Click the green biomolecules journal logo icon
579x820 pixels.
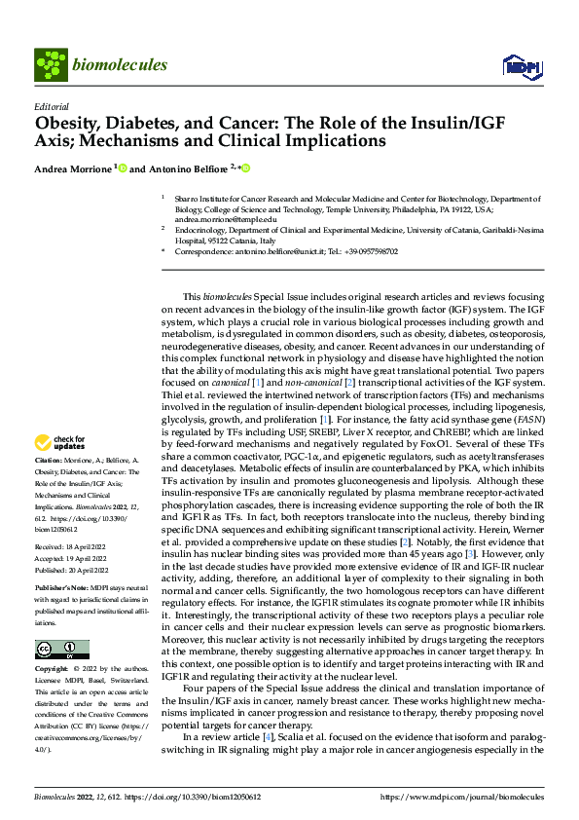[50, 64]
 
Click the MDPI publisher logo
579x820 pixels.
[522, 66]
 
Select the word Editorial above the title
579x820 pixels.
[52, 106]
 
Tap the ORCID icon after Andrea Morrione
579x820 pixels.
[123, 168]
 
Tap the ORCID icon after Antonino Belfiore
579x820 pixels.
[245, 168]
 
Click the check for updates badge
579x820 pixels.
[60, 444]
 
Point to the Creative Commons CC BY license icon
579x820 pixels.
[61, 650]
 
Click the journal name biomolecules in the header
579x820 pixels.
[120, 65]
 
